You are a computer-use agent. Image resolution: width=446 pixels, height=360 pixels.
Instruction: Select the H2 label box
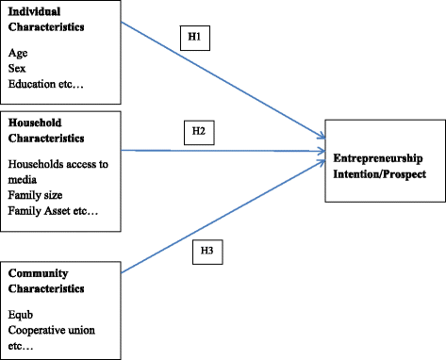point(198,131)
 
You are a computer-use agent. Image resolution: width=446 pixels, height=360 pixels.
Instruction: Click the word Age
point(18,54)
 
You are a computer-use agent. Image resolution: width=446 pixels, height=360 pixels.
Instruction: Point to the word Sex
point(17,69)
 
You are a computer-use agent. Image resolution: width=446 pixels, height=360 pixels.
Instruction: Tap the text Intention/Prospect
point(379,173)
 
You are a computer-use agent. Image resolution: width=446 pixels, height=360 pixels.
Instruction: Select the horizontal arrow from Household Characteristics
point(226,150)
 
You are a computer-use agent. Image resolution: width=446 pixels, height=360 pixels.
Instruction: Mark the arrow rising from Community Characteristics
point(226,213)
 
